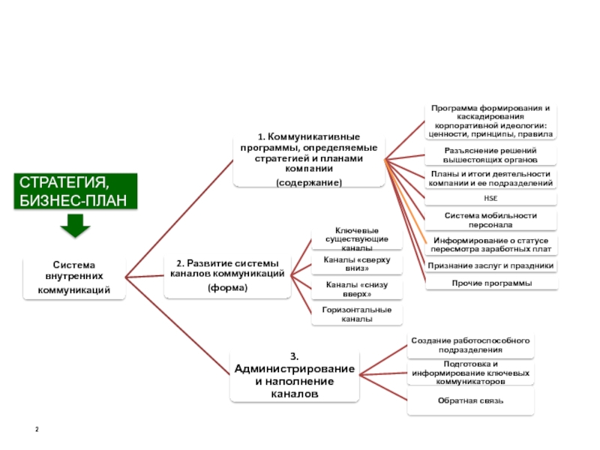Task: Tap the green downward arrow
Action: pyautogui.click(x=74, y=226)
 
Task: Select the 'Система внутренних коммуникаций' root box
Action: pyautogui.click(x=74, y=277)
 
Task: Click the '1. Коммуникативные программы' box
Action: pyautogui.click(x=308, y=159)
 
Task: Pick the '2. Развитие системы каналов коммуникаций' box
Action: pyautogui.click(x=227, y=275)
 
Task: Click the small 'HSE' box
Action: pyautogui.click(x=490, y=199)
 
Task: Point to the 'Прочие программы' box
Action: pyautogui.click(x=491, y=283)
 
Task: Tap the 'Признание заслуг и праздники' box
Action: pyautogui.click(x=491, y=265)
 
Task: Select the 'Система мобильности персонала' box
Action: pyautogui.click(x=490, y=220)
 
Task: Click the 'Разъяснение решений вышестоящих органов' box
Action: pyautogui.click(x=490, y=155)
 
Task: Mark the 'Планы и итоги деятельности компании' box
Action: pyautogui.click(x=490, y=178)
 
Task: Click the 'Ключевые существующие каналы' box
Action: pyautogui.click(x=356, y=238)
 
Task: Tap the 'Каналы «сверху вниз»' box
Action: pyautogui.click(x=356, y=263)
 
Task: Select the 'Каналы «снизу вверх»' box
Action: pyautogui.click(x=356, y=289)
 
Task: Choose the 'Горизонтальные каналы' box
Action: pyautogui.click(x=356, y=314)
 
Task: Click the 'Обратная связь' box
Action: pyautogui.click(x=470, y=400)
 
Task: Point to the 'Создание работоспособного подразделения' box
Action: pyautogui.click(x=470, y=345)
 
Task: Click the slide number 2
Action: pyautogui.click(x=37, y=428)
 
